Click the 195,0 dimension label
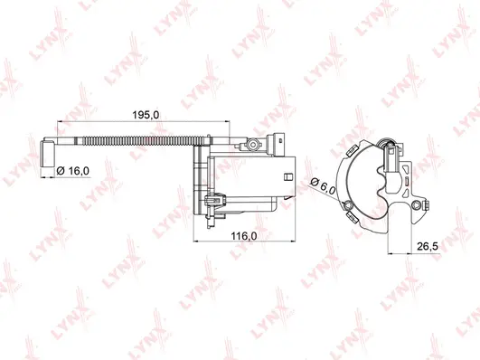[146, 114]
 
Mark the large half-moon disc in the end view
[362, 181]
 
